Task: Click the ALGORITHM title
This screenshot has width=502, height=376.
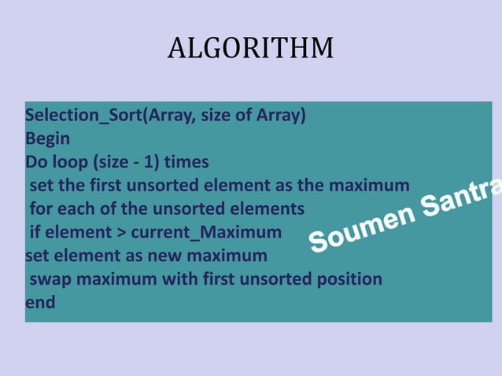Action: (x=250, y=49)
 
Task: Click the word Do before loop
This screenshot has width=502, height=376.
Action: (x=37, y=163)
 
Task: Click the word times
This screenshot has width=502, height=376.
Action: (x=186, y=163)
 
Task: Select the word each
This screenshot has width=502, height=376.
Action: (x=76, y=209)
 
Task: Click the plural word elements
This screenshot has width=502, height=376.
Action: (x=270, y=209)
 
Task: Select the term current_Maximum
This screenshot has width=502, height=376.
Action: (x=205, y=233)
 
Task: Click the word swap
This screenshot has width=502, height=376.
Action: (x=49, y=279)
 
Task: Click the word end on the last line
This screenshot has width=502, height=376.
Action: (x=40, y=302)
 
